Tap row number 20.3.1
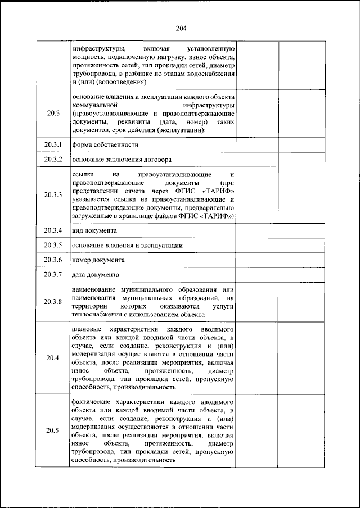pyautogui.click(x=53, y=144)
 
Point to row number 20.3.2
pyautogui.click(x=53, y=160)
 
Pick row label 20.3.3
pyautogui.click(x=53, y=195)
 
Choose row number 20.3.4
pyautogui.click(x=53, y=230)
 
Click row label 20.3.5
pyautogui.click(x=53, y=246)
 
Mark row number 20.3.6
pyautogui.click(x=53, y=260)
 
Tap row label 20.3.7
pyautogui.click(x=53, y=274)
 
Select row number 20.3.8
pyautogui.click(x=53, y=301)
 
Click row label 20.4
pyautogui.click(x=53, y=357)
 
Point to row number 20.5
pyautogui.click(x=53, y=430)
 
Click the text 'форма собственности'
pyautogui.click(x=105, y=144)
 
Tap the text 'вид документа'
pyautogui.click(x=94, y=231)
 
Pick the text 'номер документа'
pyautogui.click(x=98, y=260)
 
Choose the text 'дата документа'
pyautogui.click(x=96, y=275)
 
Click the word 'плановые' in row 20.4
pyautogui.click(x=87, y=328)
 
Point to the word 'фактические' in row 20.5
pyautogui.click(x=92, y=402)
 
